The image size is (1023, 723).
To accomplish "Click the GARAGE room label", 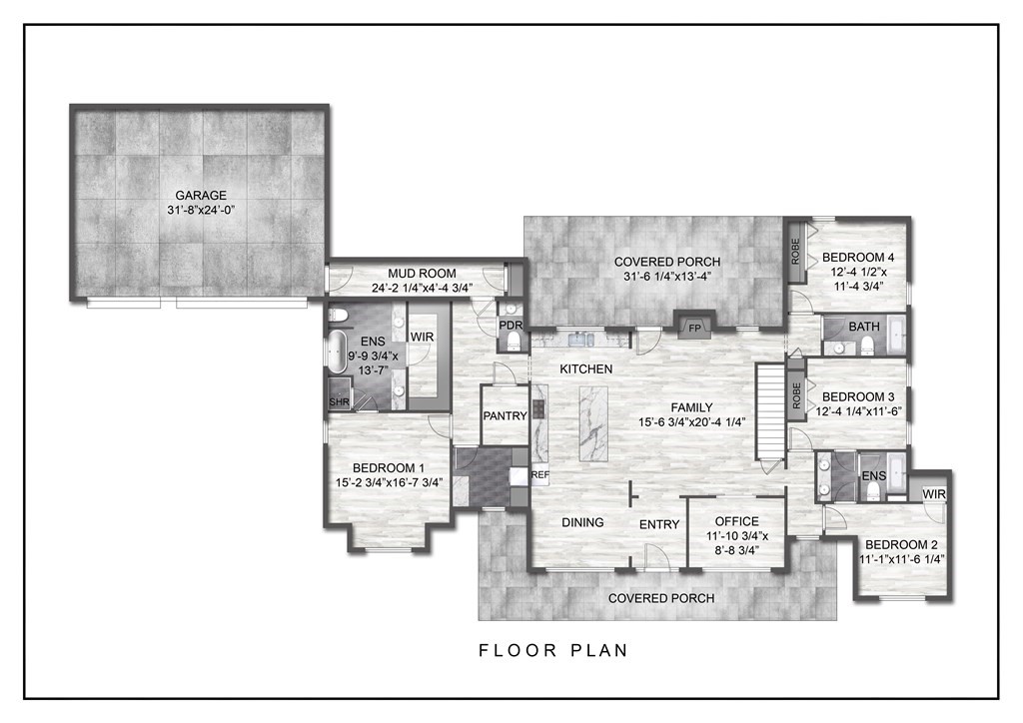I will tap(201, 196).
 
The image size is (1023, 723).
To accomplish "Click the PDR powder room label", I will tap(511, 325).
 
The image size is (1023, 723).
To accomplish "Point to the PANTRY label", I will tap(505, 415).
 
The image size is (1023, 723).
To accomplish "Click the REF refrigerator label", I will tap(540, 475).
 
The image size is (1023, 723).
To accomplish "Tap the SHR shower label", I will tap(340, 401).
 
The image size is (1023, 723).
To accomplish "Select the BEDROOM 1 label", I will tap(389, 467).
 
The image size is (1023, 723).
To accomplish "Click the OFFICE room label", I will tap(737, 521).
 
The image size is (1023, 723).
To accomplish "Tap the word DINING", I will tap(582, 522).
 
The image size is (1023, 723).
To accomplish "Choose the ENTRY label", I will tap(658, 524).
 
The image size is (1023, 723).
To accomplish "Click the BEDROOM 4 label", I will tap(858, 256).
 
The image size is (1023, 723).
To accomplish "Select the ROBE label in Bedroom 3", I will tap(796, 396).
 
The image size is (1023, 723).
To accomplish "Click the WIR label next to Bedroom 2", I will tap(934, 494).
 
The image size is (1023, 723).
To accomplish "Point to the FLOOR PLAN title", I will tap(552, 650).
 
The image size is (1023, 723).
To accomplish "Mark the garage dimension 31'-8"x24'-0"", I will tap(201, 211).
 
